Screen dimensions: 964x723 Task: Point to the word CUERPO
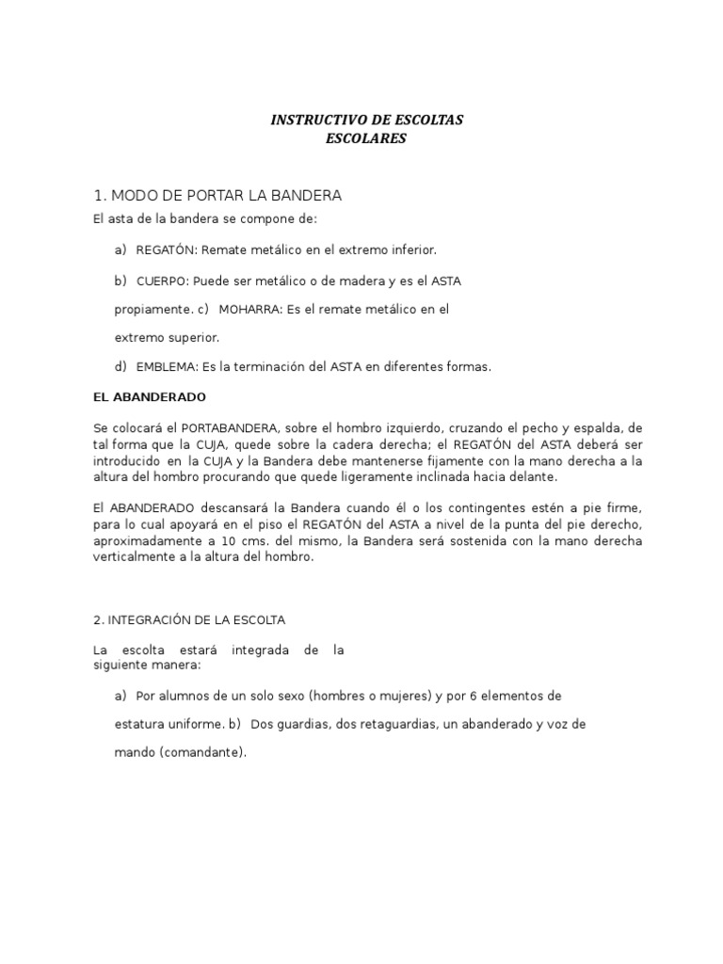(x=161, y=281)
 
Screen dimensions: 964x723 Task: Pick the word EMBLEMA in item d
(x=166, y=367)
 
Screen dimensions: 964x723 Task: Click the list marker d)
(x=120, y=367)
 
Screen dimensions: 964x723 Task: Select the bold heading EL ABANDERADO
(x=149, y=397)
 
